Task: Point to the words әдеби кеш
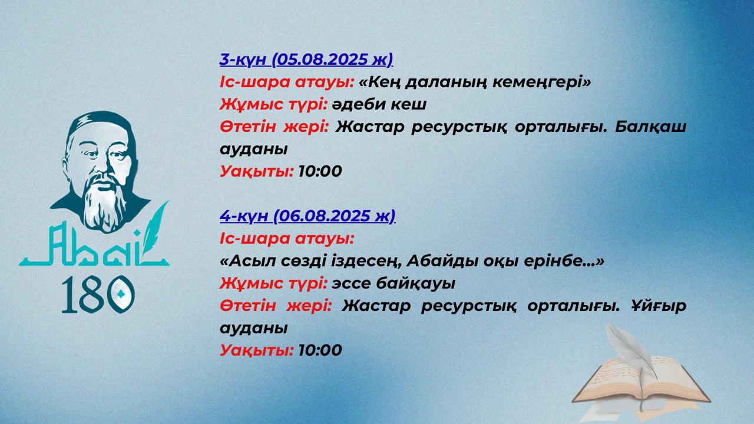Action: (x=379, y=104)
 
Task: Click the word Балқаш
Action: (x=650, y=127)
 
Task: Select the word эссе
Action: (x=350, y=284)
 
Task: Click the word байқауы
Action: (x=415, y=284)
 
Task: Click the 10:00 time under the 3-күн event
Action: (x=320, y=171)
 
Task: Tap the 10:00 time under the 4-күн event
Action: (x=320, y=350)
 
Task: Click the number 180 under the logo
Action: (x=98, y=294)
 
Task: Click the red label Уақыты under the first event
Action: (x=256, y=171)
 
